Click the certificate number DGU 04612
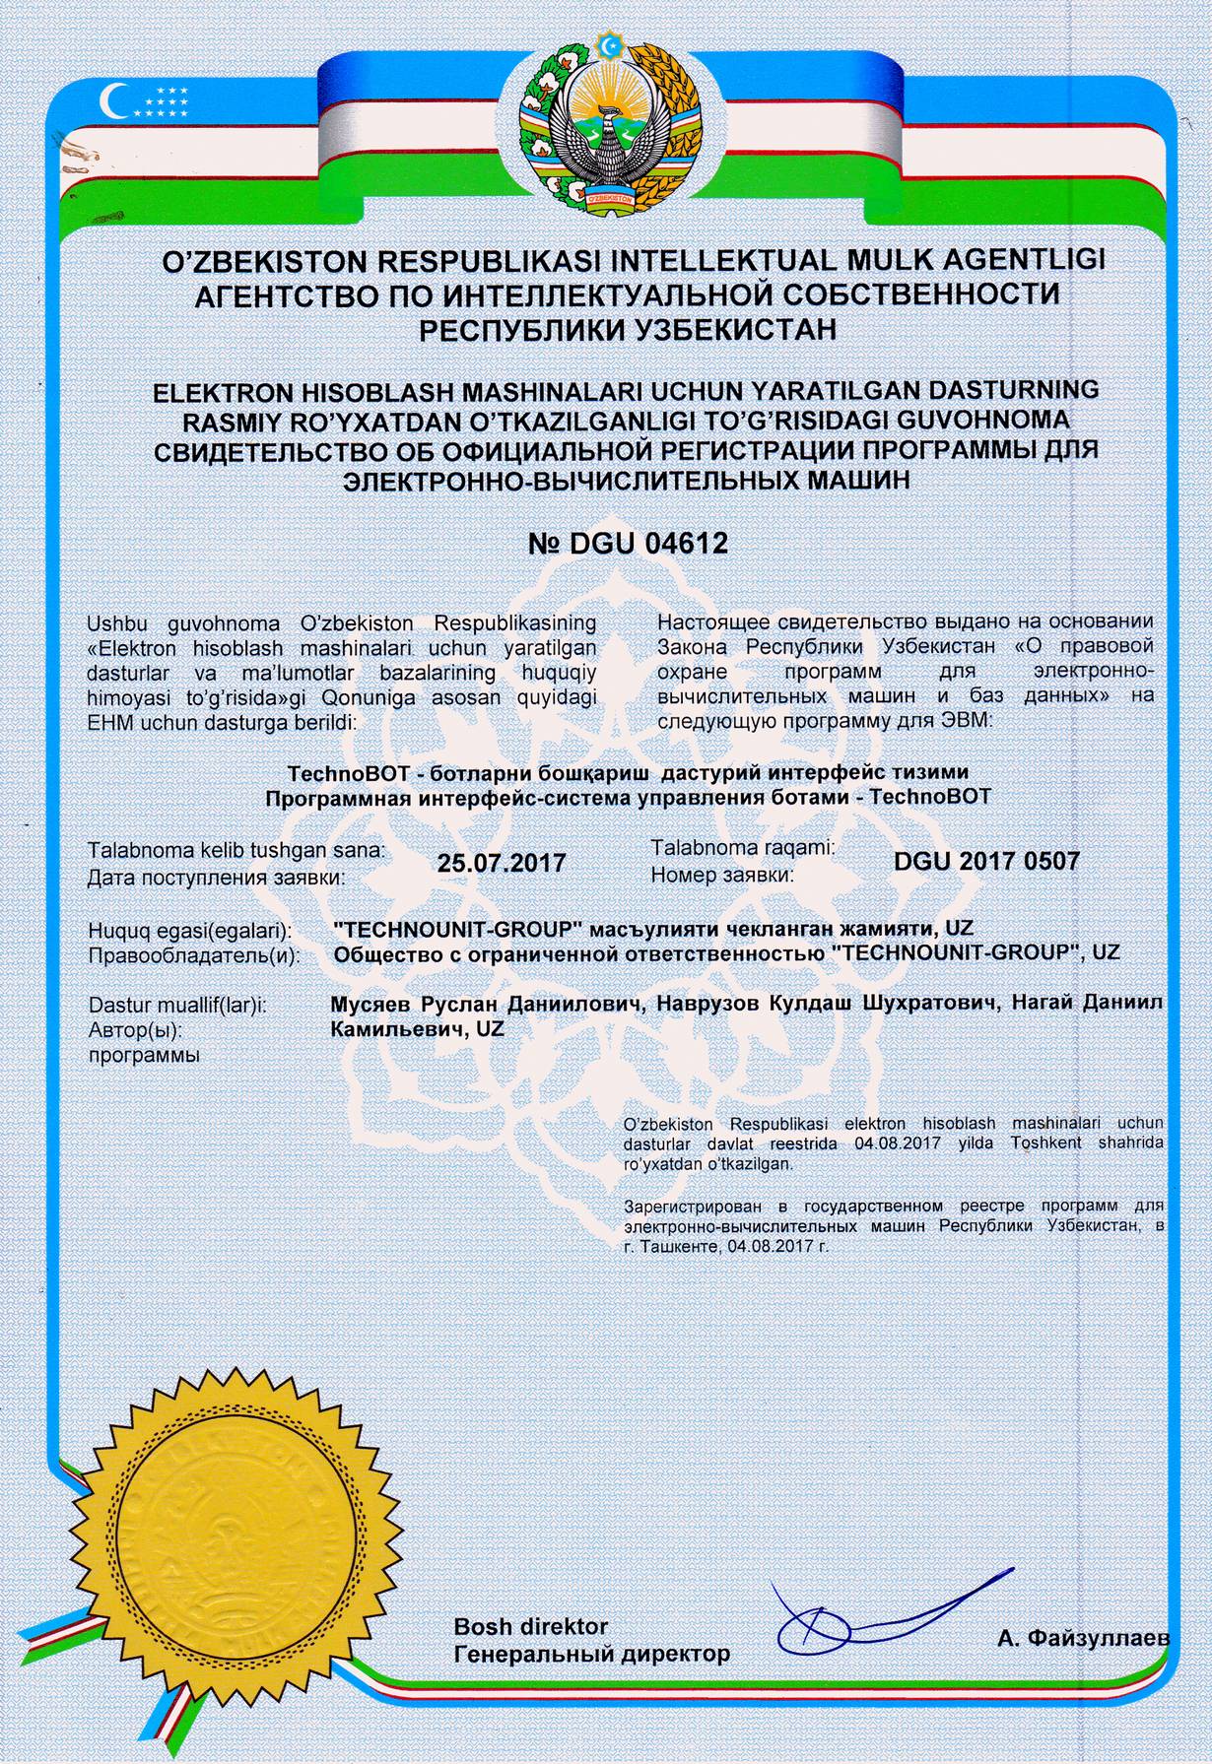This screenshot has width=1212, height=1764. coord(629,543)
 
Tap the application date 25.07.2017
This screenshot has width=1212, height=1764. coord(502,863)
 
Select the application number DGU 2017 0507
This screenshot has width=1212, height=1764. coord(986,861)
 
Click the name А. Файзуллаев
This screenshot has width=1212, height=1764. coord(1083,1639)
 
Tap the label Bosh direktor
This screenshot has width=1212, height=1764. coord(530,1626)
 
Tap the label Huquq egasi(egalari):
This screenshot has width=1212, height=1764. coord(188,930)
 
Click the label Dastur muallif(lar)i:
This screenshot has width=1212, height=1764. coord(178,1006)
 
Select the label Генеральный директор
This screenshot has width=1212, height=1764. coord(591,1654)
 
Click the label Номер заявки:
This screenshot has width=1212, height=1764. coord(722,874)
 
